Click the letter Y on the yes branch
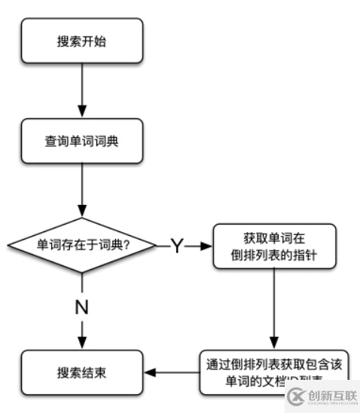(176, 246)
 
